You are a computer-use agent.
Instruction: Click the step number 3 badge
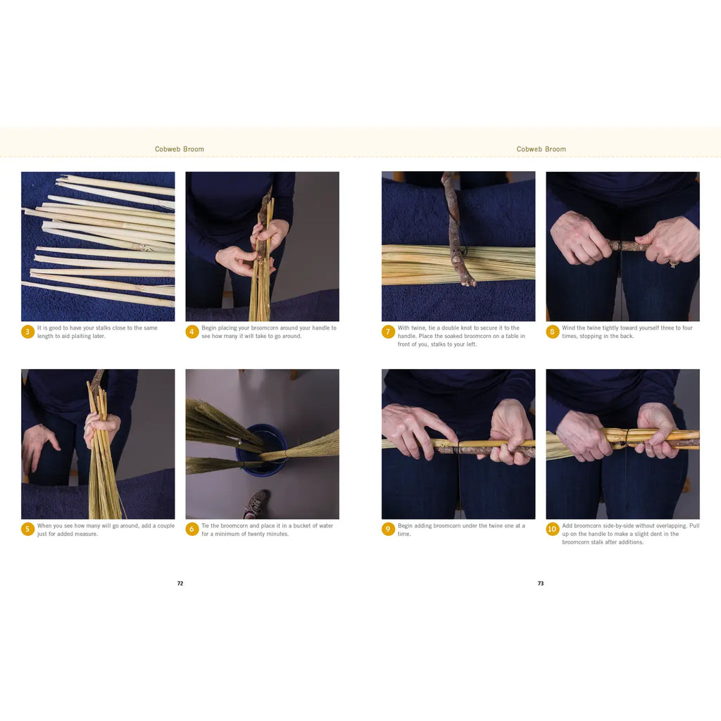pos(27,332)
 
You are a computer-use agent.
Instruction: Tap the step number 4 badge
pos(192,332)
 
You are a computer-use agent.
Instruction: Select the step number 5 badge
pos(27,529)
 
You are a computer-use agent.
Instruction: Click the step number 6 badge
pos(192,529)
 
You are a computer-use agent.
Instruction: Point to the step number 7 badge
pos(388,332)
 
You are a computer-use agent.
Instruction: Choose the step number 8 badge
pos(553,332)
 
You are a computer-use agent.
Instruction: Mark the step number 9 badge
pos(388,529)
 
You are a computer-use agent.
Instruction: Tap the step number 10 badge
pos(553,529)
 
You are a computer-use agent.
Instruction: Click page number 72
pos(180,583)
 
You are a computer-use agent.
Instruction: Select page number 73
pos(541,583)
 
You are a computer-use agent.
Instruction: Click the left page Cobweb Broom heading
pos(180,149)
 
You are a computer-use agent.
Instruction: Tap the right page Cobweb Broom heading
pos(541,149)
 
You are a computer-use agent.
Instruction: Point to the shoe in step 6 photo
pos(256,503)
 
